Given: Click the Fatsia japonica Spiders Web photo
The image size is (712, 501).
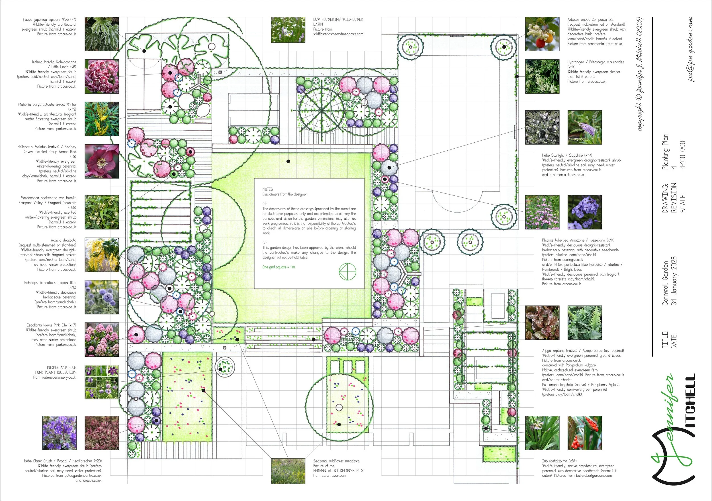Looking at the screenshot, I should (x=102, y=34).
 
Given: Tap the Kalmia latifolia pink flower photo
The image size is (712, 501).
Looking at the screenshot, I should (x=102, y=76).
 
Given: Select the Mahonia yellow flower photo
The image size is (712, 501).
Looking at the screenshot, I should (x=102, y=119).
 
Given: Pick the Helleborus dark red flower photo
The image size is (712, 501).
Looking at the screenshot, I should (x=102, y=161).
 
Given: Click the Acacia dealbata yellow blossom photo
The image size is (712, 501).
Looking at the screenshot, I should (x=102, y=255).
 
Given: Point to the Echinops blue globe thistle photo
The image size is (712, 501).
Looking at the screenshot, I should (x=102, y=297).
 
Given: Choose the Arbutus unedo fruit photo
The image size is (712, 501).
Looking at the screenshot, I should (x=542, y=34).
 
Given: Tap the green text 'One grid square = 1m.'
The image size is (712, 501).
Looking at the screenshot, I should (x=279, y=267).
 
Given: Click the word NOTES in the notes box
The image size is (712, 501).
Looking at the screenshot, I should (x=268, y=189).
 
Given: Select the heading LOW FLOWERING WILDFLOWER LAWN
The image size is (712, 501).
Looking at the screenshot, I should (x=338, y=21).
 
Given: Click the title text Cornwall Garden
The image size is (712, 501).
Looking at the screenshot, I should (x=665, y=283).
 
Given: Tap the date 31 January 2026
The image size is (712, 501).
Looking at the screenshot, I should (x=674, y=281).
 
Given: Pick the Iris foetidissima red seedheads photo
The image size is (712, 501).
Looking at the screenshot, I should (x=584, y=433).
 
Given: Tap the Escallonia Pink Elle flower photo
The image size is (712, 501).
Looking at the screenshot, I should (x=102, y=340).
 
